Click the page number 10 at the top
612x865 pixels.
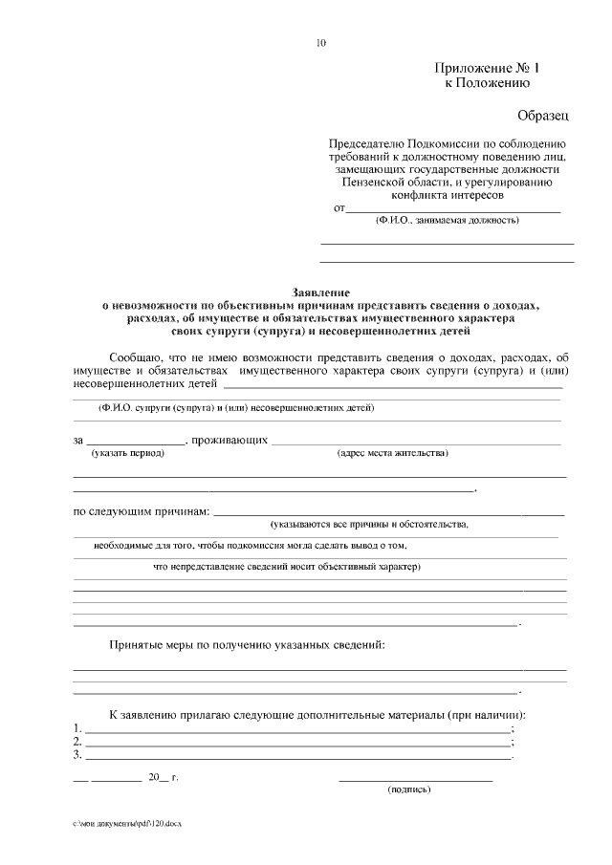coord(319,42)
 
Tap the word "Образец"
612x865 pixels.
coord(542,116)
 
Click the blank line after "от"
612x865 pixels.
coord(452,208)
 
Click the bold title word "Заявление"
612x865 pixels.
coord(320,292)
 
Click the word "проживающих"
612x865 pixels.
coord(229,441)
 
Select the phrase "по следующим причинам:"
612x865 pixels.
coord(141,511)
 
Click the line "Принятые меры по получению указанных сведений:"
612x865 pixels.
coord(248,646)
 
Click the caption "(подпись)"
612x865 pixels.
coord(409,791)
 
